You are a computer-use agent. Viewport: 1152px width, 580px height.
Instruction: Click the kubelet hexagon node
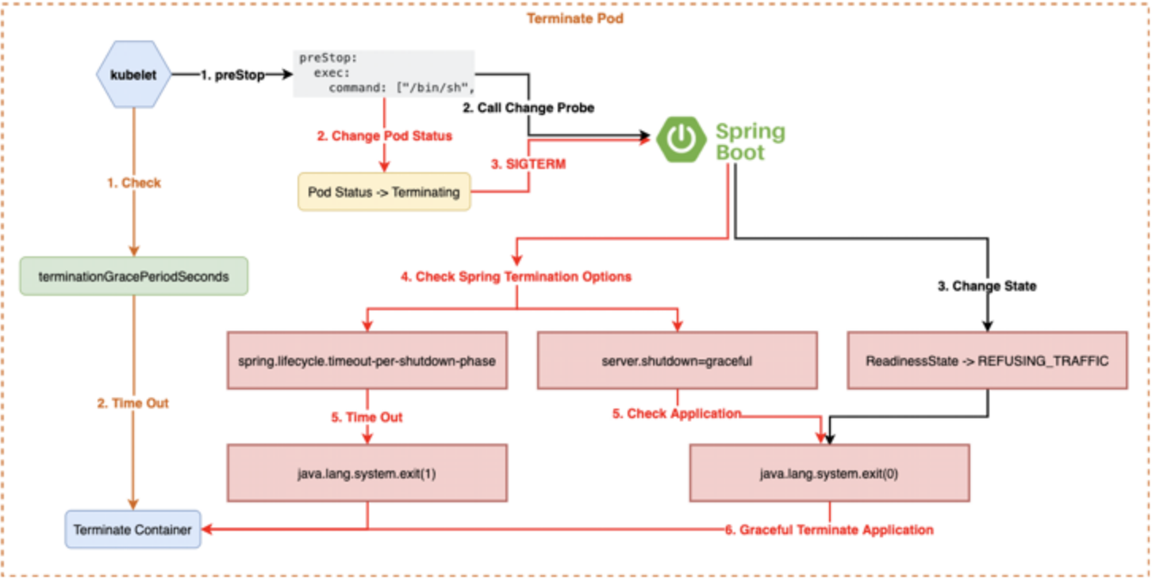(x=133, y=75)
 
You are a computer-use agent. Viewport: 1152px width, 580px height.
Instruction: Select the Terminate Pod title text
(x=575, y=17)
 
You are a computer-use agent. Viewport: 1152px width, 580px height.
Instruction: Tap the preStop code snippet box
(x=384, y=74)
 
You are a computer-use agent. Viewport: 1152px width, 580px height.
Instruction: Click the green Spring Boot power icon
(x=681, y=140)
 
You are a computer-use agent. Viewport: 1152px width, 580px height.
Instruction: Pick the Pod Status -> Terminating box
(x=384, y=192)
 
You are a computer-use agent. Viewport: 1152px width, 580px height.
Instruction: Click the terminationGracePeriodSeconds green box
(x=133, y=276)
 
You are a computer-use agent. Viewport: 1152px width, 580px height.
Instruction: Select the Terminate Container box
(x=132, y=529)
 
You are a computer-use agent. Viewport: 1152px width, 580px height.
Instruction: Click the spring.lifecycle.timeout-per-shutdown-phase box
(x=367, y=361)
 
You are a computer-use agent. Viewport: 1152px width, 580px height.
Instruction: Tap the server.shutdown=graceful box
(x=677, y=361)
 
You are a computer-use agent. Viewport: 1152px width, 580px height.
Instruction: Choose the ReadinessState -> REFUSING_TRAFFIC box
(x=987, y=361)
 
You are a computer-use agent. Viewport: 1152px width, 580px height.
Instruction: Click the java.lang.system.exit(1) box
(x=367, y=473)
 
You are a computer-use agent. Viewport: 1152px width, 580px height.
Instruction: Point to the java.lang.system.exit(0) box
(x=829, y=473)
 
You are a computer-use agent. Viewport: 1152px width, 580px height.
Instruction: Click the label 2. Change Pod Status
(x=384, y=136)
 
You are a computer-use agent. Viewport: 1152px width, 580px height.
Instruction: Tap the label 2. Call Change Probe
(x=528, y=107)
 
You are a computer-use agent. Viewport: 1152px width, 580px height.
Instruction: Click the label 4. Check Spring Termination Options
(x=516, y=277)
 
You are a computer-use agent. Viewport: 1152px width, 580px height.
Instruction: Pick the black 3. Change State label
(x=986, y=286)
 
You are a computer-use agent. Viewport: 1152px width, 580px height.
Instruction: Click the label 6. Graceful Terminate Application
(x=829, y=529)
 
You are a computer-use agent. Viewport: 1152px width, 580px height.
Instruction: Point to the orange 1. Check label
(x=133, y=182)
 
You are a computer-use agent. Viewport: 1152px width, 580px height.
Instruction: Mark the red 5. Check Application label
(x=677, y=413)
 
